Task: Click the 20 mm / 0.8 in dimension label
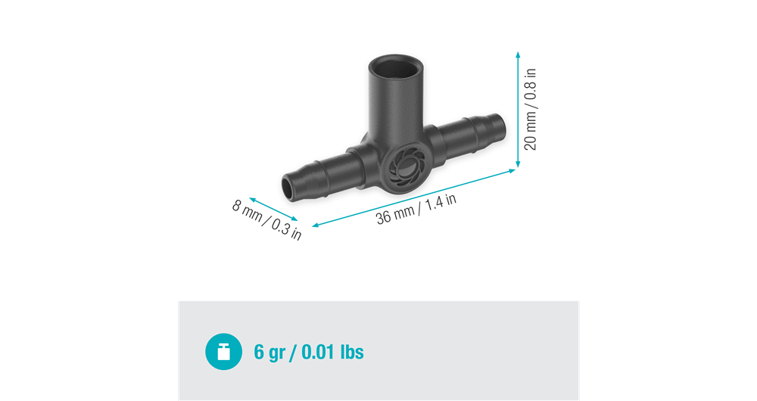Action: click(x=531, y=110)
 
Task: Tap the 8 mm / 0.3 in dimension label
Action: click(x=266, y=219)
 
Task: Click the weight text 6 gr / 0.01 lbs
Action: click(x=308, y=352)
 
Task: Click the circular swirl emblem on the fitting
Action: click(x=399, y=167)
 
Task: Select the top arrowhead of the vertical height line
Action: click(x=518, y=54)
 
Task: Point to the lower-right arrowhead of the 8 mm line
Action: click(x=297, y=220)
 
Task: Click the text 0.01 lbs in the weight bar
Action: click(x=333, y=352)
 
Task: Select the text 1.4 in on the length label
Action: click(x=441, y=201)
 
